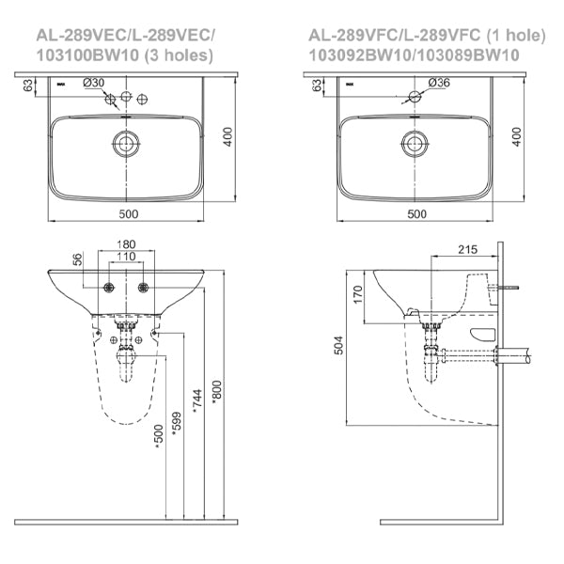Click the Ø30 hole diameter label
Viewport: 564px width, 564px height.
(x=94, y=83)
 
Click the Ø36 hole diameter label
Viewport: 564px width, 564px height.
(x=440, y=83)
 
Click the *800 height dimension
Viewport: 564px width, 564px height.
(x=218, y=397)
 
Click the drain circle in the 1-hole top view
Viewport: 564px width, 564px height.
(x=415, y=143)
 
